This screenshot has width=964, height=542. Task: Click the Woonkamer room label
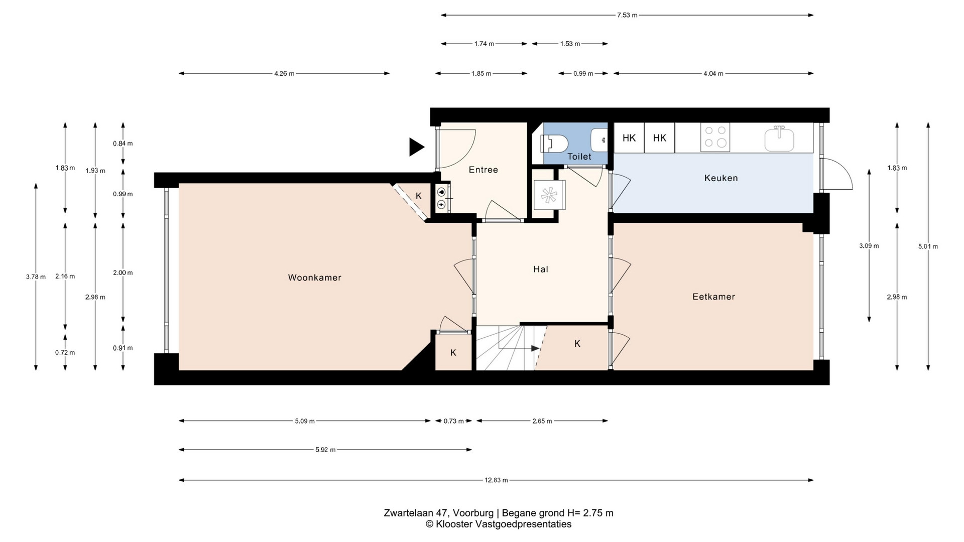[x=314, y=278]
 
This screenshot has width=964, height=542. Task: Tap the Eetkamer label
[x=713, y=297]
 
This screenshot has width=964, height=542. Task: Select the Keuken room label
[x=721, y=178]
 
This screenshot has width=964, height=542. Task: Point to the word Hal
[x=541, y=269]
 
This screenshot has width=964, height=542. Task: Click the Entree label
[x=484, y=170]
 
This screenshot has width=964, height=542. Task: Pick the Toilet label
[x=579, y=157]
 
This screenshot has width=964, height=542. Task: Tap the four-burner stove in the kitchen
[x=715, y=137]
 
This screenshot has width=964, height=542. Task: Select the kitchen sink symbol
[x=779, y=139]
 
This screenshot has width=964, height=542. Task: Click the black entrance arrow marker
[x=416, y=147]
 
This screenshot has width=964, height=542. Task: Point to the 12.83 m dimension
[x=496, y=480]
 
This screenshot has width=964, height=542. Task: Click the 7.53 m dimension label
[x=627, y=15]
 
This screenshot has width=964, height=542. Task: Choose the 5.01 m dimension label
[x=928, y=246]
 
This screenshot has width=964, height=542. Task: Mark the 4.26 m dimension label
[x=284, y=74]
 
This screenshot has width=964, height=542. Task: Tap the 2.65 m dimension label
[x=542, y=421]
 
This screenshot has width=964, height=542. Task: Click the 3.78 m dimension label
[x=36, y=277]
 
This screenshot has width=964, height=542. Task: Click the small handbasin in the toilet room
[x=599, y=140]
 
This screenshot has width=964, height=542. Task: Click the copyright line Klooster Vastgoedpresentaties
[x=499, y=524]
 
